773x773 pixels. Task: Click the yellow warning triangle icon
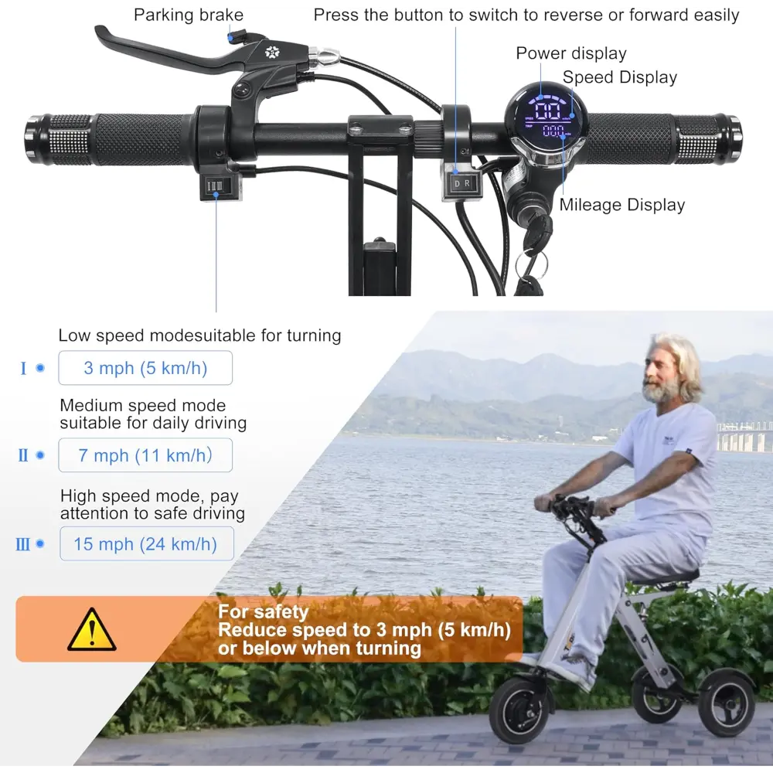coord(92,630)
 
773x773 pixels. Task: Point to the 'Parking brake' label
coord(189,15)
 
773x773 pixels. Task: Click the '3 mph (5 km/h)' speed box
coord(145,368)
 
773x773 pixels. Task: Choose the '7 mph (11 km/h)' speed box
coord(145,455)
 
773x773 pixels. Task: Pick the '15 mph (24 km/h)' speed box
coord(147,543)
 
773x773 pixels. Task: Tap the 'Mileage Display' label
coord(622,205)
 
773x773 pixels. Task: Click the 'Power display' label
coord(571,53)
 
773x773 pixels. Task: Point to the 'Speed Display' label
coord(620,77)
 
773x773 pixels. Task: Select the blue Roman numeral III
coord(22,544)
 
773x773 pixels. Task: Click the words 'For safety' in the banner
coord(264,611)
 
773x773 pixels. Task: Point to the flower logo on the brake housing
coord(272,52)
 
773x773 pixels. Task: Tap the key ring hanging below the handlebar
coord(531,266)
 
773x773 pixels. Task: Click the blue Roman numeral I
coord(23,368)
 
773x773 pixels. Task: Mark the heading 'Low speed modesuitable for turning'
coord(199,335)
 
